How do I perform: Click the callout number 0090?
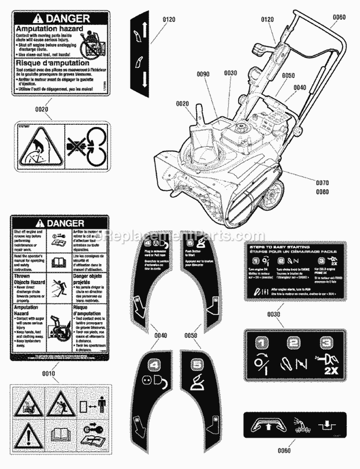(x=203, y=74)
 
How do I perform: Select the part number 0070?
(x=323, y=183)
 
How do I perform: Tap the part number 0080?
(x=323, y=192)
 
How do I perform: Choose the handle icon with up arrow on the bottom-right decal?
(x=264, y=423)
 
